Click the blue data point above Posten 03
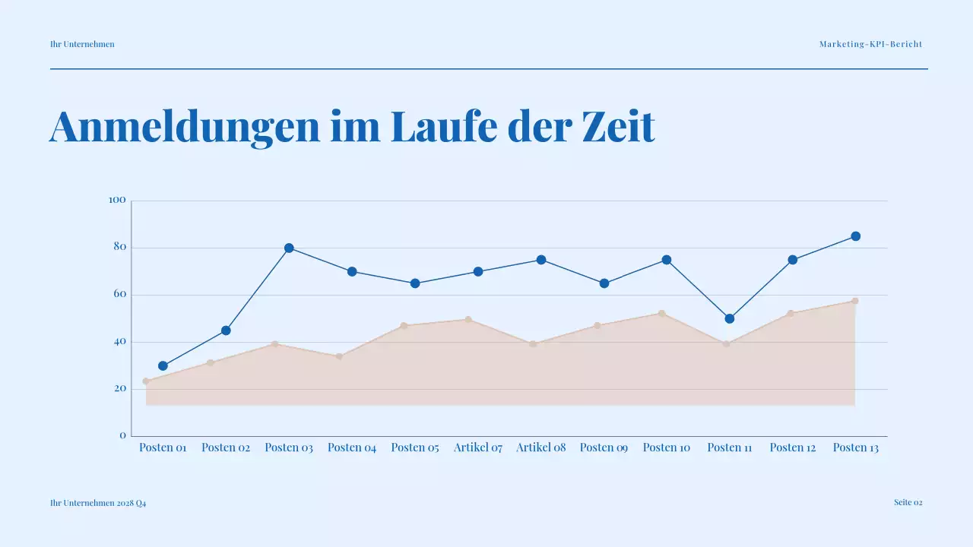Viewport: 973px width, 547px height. pos(289,248)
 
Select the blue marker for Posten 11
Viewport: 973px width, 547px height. pos(730,318)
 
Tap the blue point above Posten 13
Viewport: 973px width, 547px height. pos(855,236)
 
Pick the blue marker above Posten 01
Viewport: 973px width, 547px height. pos(163,365)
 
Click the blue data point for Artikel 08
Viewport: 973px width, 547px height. pos(541,260)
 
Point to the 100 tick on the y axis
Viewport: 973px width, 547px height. pos(117,201)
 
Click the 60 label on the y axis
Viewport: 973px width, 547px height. pos(119,295)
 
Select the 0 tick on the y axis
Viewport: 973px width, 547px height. pos(122,436)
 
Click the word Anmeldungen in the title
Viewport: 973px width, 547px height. pos(185,127)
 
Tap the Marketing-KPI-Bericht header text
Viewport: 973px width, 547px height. pos(870,44)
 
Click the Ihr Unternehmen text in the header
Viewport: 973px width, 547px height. pos(82,44)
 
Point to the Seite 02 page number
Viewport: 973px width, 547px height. pos(908,502)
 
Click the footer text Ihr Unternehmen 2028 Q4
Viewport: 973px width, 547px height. pos(98,503)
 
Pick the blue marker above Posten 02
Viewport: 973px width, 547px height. pos(226,330)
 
